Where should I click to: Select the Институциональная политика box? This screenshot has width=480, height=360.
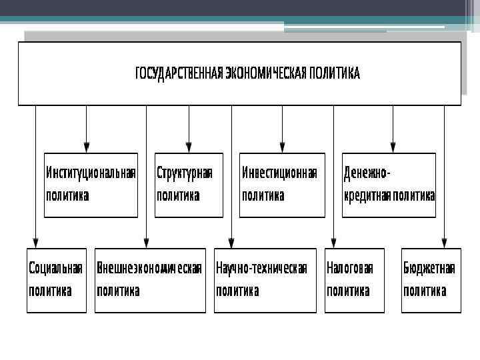(91, 185)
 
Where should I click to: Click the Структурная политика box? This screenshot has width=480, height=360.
(189, 185)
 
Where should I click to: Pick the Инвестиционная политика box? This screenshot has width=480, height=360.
(282, 185)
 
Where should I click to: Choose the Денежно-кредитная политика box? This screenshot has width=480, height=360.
(389, 185)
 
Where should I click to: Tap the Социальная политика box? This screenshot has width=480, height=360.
(57, 280)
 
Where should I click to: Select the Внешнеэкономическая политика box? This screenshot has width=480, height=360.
(150, 280)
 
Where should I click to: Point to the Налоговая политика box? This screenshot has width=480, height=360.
(354, 280)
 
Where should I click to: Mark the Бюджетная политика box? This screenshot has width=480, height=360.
(431, 280)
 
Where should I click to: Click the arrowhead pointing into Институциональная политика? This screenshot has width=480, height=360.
(86, 148)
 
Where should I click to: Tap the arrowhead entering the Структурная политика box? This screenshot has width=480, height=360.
(189, 148)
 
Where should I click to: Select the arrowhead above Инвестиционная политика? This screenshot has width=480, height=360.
(282, 148)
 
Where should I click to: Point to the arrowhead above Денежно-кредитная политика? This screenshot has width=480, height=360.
(393, 148)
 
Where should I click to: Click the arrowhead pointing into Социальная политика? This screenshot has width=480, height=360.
(36, 243)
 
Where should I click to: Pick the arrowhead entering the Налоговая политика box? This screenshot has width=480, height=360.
(334, 243)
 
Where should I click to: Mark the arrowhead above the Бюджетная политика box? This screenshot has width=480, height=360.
(445, 243)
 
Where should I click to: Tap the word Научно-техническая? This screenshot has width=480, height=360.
(261, 269)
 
